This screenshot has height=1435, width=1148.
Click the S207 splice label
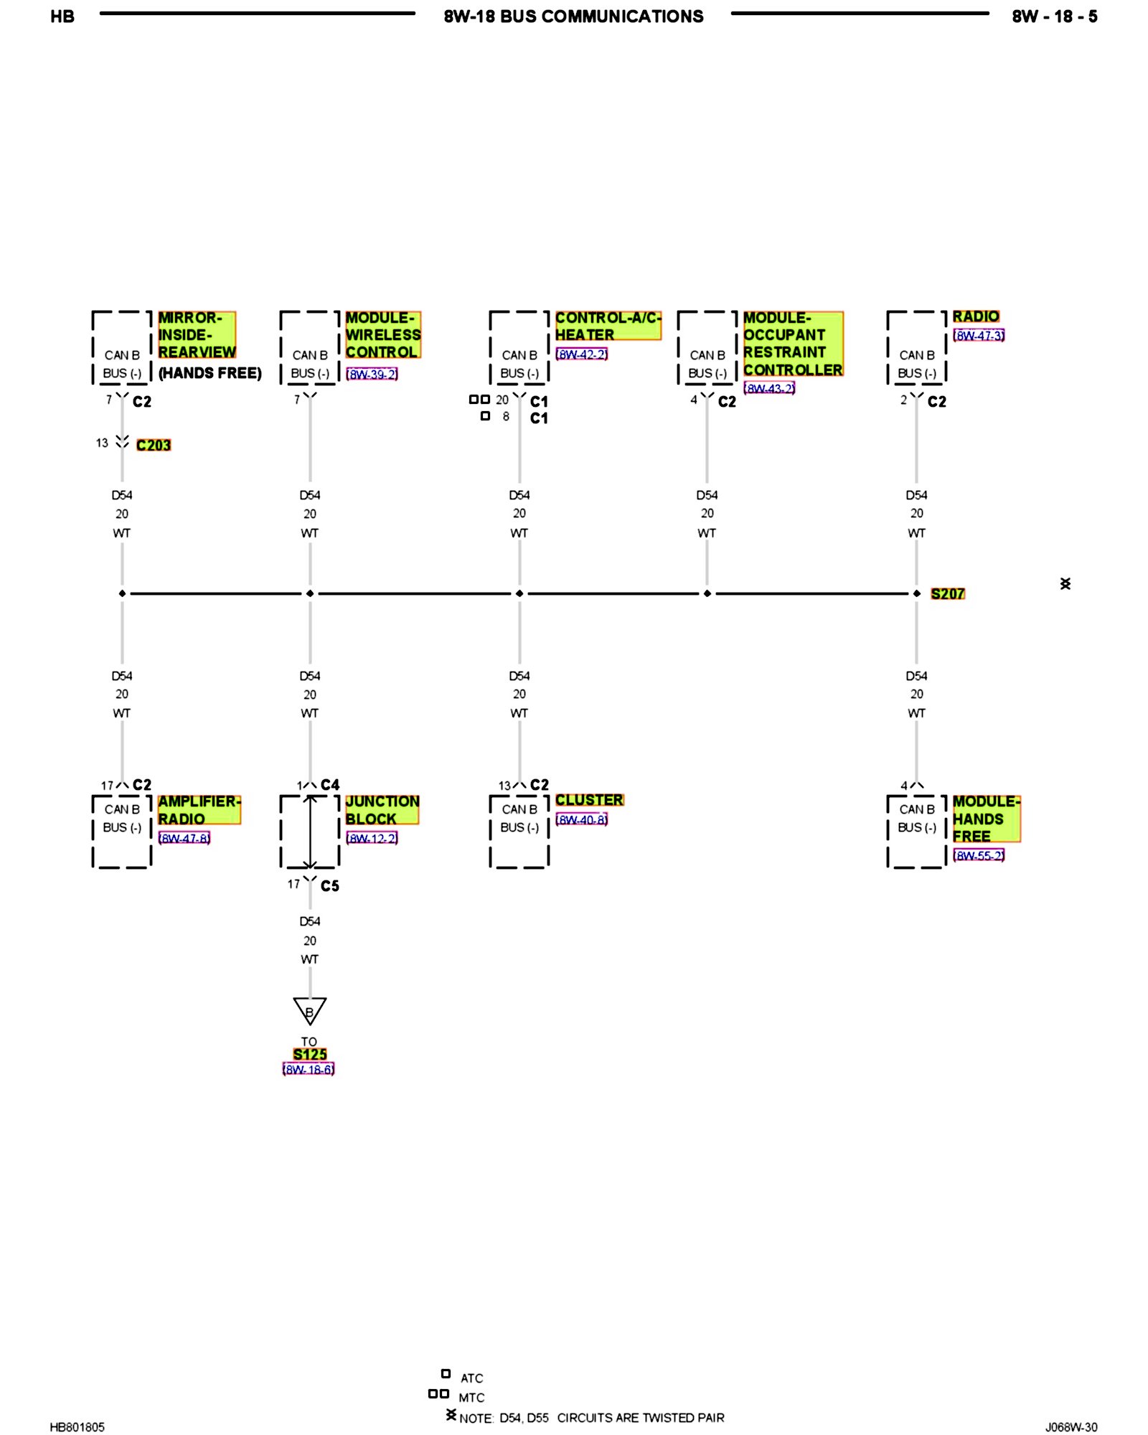point(947,593)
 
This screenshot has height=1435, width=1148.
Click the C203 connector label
point(154,445)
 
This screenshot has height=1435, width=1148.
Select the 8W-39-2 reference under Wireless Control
point(372,374)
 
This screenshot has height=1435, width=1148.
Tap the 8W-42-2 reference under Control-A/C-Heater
point(581,354)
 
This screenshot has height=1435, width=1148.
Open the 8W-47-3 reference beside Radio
point(979,335)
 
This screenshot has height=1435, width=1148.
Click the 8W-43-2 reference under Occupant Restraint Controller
point(769,388)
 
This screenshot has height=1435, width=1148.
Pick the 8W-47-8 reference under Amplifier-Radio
point(184,838)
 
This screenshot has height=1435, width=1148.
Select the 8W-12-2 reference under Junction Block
point(372,838)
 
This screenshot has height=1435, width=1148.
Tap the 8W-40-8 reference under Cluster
point(581,819)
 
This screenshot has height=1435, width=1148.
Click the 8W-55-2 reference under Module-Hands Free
point(979,855)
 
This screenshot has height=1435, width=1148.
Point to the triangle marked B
point(310,1010)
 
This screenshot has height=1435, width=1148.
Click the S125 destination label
point(310,1054)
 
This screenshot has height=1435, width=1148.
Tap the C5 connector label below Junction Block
point(330,886)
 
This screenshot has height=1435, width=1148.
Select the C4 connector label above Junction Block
point(330,785)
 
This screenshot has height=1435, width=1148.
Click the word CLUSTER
point(589,800)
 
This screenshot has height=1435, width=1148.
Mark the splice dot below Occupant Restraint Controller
point(707,593)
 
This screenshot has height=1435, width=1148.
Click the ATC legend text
point(471,1378)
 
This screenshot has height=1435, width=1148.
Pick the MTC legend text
point(471,1398)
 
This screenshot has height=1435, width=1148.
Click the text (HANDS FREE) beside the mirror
point(210,373)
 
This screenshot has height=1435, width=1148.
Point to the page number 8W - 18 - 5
point(1054,17)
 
